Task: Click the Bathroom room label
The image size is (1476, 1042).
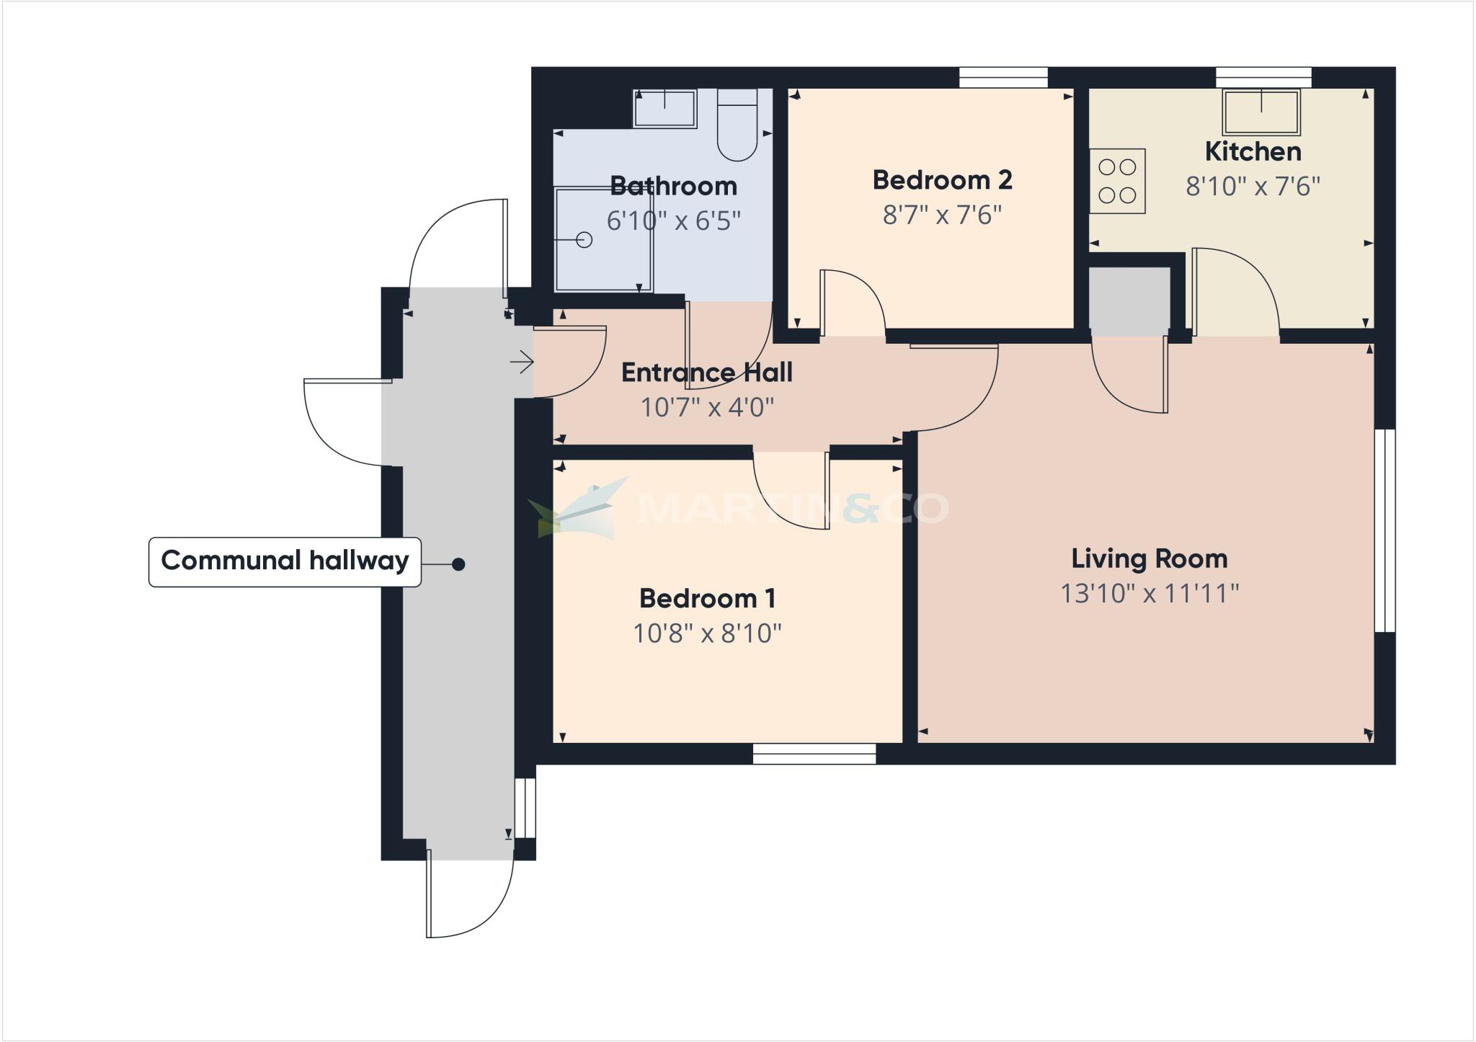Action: (x=673, y=186)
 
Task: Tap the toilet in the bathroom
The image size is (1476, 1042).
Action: (x=737, y=130)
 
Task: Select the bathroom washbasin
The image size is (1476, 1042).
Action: (x=664, y=109)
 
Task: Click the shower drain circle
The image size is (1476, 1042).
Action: (x=584, y=240)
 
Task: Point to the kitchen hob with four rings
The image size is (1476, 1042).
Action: (x=1117, y=181)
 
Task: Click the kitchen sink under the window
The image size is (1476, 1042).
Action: (x=1261, y=112)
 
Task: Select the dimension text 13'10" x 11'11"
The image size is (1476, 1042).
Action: (x=1149, y=594)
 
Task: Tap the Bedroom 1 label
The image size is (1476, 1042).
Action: (x=707, y=598)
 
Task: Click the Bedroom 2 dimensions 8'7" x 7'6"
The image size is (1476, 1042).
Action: (x=942, y=215)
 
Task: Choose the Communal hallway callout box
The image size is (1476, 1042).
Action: (x=285, y=561)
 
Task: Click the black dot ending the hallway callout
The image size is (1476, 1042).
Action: (x=458, y=564)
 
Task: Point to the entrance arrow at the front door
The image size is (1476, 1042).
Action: (x=522, y=361)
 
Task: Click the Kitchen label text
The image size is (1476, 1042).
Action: (x=1253, y=151)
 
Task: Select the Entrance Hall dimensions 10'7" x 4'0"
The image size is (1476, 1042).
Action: (x=707, y=408)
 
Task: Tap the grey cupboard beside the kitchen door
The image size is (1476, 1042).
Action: (x=1129, y=300)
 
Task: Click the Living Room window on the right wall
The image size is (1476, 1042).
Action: (x=1384, y=530)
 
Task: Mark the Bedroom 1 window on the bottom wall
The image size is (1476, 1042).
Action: (x=814, y=754)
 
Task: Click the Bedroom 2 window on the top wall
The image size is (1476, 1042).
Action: (x=1002, y=77)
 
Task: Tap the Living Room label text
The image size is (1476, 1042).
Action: (x=1149, y=558)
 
